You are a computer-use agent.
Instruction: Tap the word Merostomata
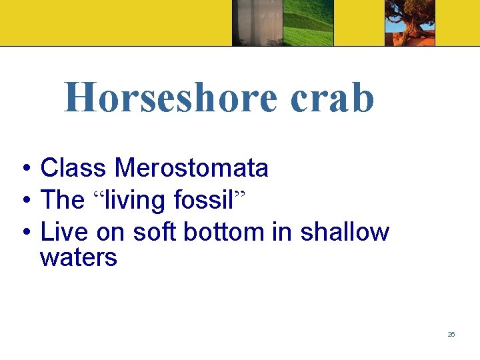(x=191, y=168)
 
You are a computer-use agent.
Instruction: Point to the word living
(x=136, y=200)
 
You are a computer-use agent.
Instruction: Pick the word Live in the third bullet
(x=65, y=232)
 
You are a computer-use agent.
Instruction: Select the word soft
(x=155, y=232)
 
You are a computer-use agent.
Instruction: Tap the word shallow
(x=345, y=232)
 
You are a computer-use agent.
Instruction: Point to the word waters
(x=79, y=257)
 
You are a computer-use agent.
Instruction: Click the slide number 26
(x=451, y=334)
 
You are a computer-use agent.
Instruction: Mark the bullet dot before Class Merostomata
(x=24, y=169)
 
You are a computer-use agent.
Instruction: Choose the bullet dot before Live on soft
(x=24, y=233)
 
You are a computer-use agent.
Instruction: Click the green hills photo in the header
(x=308, y=23)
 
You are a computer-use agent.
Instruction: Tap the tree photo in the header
(x=409, y=23)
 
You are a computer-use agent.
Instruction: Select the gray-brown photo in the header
(x=257, y=23)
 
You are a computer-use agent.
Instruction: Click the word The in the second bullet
(x=63, y=200)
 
